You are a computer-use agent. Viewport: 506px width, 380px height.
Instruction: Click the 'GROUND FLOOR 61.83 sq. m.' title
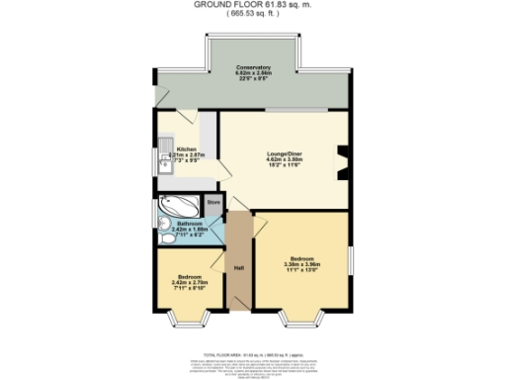point(253,6)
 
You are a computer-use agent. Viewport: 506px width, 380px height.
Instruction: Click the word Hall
point(238,268)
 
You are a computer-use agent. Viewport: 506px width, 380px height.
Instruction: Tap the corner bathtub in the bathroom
point(179,207)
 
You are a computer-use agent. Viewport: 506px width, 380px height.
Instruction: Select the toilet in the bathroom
point(164,236)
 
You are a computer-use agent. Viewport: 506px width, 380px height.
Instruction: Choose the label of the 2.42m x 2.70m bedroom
point(189,280)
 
